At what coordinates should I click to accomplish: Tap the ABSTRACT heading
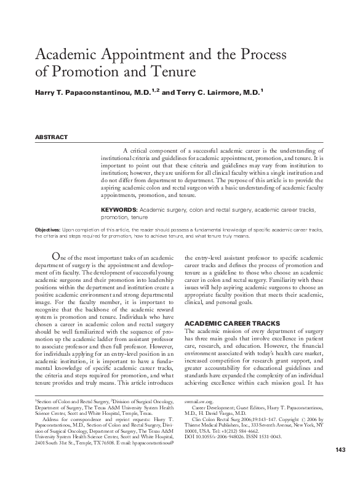click(51, 137)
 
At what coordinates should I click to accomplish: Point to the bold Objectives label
click(47, 228)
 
